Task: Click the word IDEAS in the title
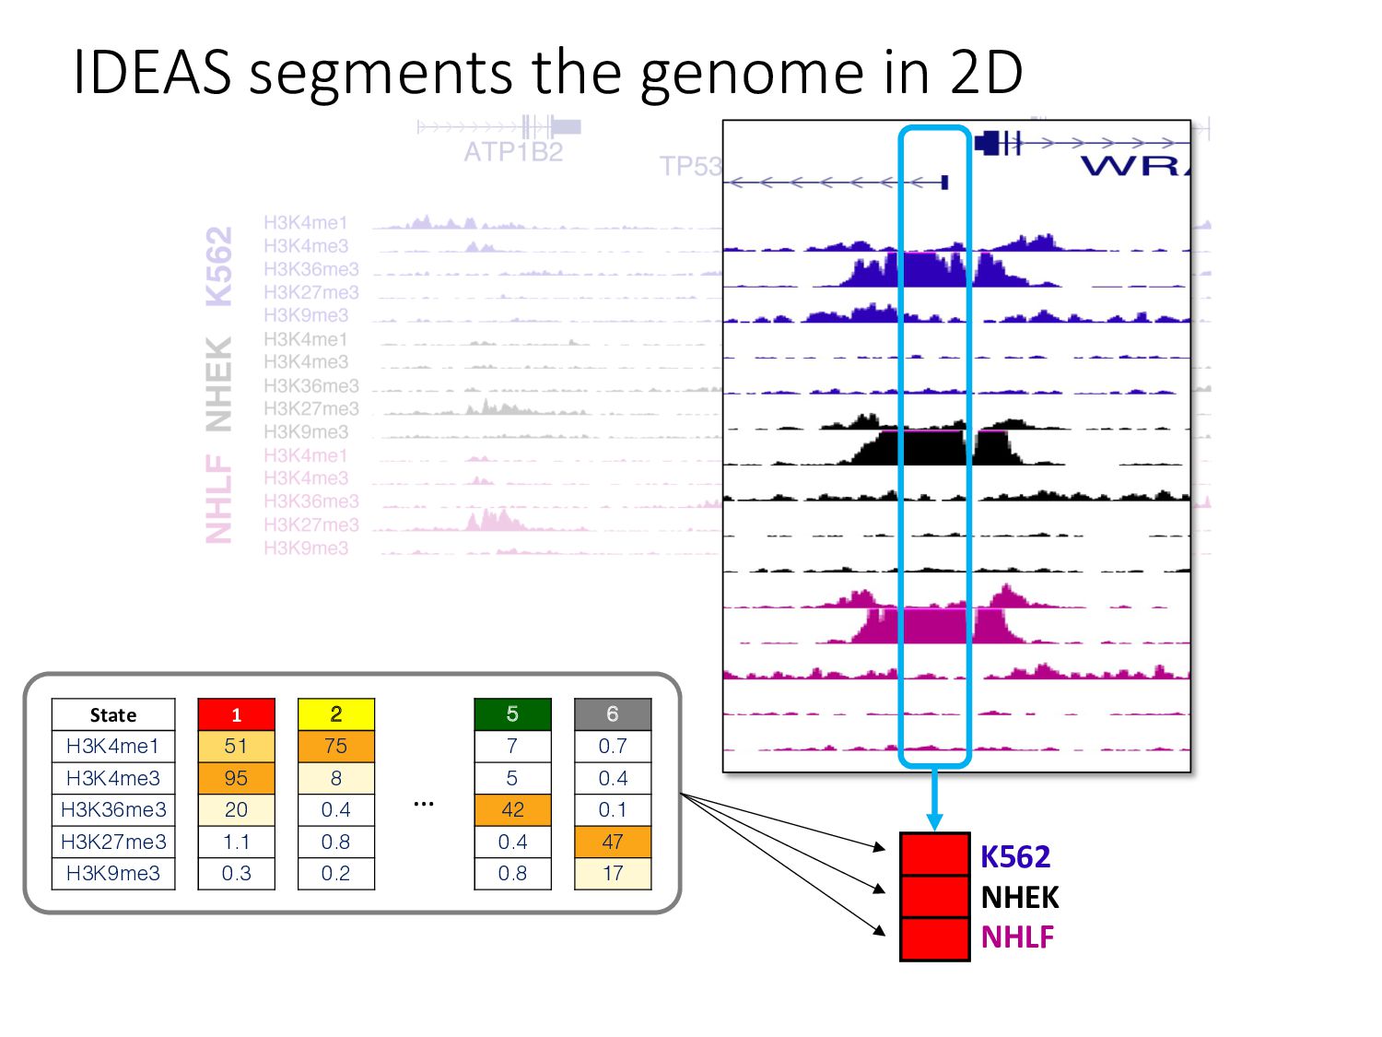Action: click(x=152, y=72)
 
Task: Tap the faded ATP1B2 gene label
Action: click(x=513, y=152)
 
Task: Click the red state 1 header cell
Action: click(x=236, y=714)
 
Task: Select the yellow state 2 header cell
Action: click(x=335, y=714)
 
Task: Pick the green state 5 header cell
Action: click(x=512, y=714)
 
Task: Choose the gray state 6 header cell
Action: click(x=613, y=714)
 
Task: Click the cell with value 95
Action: click(x=236, y=778)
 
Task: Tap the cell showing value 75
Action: click(x=335, y=746)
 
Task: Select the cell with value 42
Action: click(x=512, y=809)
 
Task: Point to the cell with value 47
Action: click(x=613, y=842)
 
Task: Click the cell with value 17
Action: click(x=613, y=873)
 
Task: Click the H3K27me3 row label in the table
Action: click(x=113, y=842)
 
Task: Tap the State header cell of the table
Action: click(x=113, y=714)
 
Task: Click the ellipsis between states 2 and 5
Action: click(x=424, y=804)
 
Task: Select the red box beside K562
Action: click(x=934, y=854)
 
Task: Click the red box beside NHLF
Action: click(x=934, y=939)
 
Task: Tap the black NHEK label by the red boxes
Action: click(x=1020, y=897)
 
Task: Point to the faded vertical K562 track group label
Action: click(x=218, y=266)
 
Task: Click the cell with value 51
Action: click(x=236, y=746)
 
